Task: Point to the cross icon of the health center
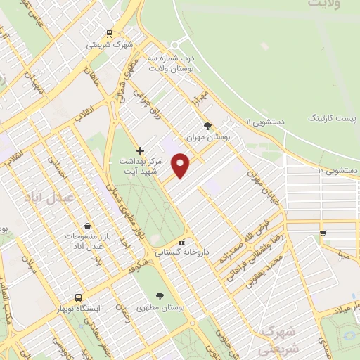point(140,150)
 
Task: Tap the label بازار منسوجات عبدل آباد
point(84,242)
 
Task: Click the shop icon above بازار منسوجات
point(86,226)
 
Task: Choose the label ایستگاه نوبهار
point(79,308)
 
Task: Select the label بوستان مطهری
point(161,307)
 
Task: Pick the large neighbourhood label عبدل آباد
point(49,198)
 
